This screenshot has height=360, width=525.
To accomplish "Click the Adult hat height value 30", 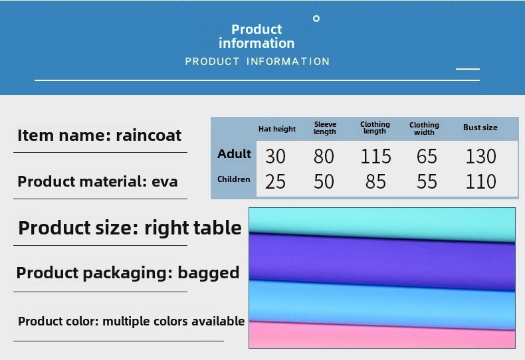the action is coord(275,156).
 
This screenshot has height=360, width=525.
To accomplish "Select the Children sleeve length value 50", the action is coord(324,182).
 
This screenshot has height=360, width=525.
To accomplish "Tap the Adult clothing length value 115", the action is coord(375,156).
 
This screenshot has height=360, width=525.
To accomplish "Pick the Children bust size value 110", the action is coord(480,182).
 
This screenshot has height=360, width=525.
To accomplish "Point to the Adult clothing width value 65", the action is coord(427,156).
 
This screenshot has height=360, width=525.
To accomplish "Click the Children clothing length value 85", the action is coord(375,182).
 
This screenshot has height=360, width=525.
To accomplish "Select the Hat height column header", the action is coord(277,129).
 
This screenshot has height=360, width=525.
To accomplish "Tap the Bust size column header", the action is coord(480,128).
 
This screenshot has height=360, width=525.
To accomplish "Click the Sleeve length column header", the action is coord(325,128).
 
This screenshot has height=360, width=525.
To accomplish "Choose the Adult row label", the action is coord(234,154).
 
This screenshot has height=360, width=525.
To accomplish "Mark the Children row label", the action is coord(234,179).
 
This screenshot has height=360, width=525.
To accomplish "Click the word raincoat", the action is coord(148,135).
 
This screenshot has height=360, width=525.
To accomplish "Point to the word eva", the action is coord(164,182).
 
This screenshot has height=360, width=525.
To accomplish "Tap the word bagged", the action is coord(209,273).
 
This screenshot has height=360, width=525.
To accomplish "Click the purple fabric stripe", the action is coord(381,260).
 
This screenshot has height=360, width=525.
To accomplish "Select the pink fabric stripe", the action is coord(381,335).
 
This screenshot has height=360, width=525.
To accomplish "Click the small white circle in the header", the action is coord(316,19).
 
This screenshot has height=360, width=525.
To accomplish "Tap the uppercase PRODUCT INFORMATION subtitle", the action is coord(257,62).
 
